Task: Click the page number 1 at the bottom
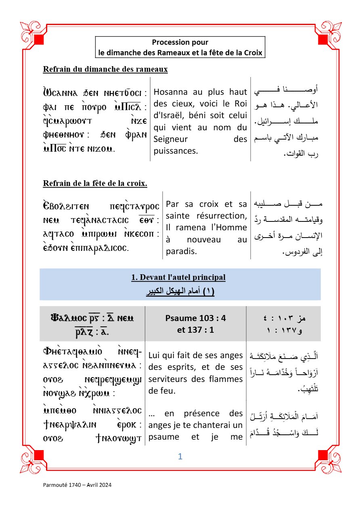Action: [180, 457]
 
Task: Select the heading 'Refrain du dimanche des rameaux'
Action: [105, 69]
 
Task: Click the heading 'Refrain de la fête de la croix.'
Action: [95, 184]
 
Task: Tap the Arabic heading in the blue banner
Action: [180, 291]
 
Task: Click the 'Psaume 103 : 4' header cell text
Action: [196, 318]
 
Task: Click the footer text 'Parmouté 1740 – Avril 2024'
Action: [77, 485]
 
